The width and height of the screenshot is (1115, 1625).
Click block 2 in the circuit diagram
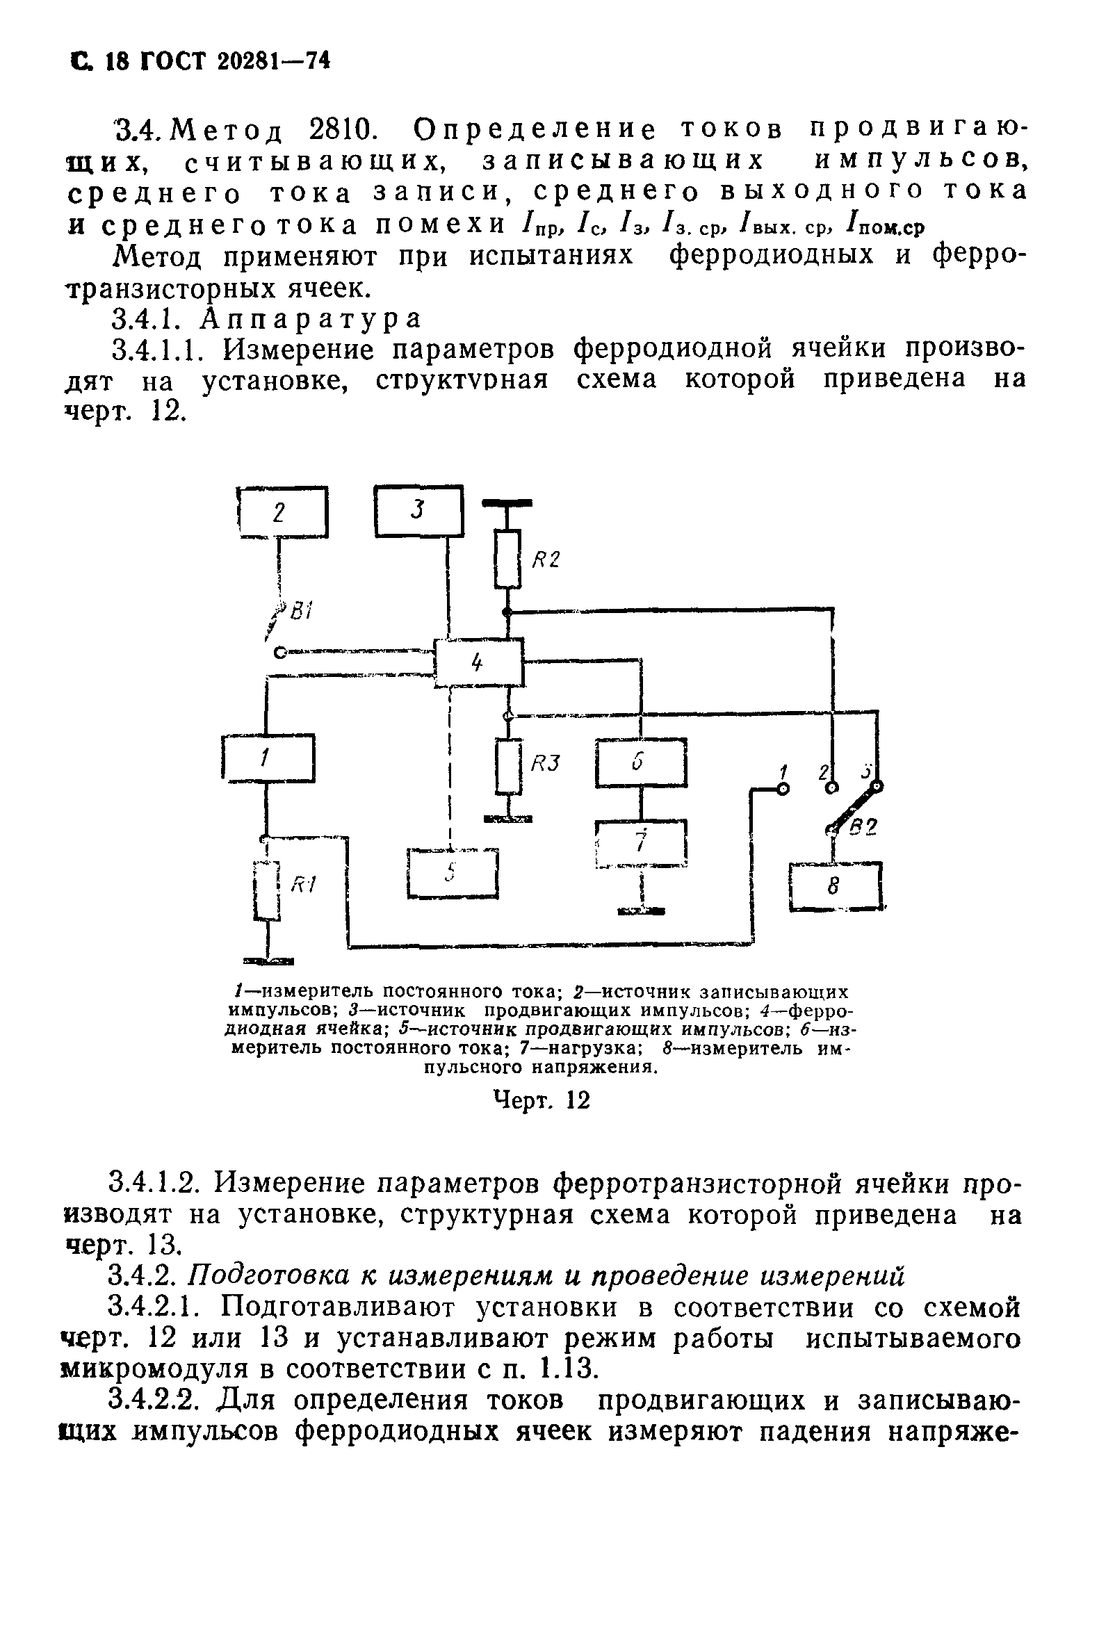pyautogui.click(x=283, y=512)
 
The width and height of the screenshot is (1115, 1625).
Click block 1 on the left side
pyautogui.click(x=268, y=758)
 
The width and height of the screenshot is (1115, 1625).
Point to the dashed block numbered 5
pyautogui.click(x=453, y=873)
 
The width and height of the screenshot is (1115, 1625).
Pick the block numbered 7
pyautogui.click(x=641, y=843)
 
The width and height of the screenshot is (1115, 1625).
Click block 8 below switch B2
pyautogui.click(x=834, y=888)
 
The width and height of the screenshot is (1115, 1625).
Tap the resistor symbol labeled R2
pyautogui.click(x=508, y=559)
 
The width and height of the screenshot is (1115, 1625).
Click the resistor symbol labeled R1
pyautogui.click(x=268, y=891)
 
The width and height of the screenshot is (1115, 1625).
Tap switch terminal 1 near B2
pyautogui.click(x=783, y=789)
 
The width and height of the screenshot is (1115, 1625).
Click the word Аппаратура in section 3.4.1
pyautogui.click(x=311, y=319)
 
